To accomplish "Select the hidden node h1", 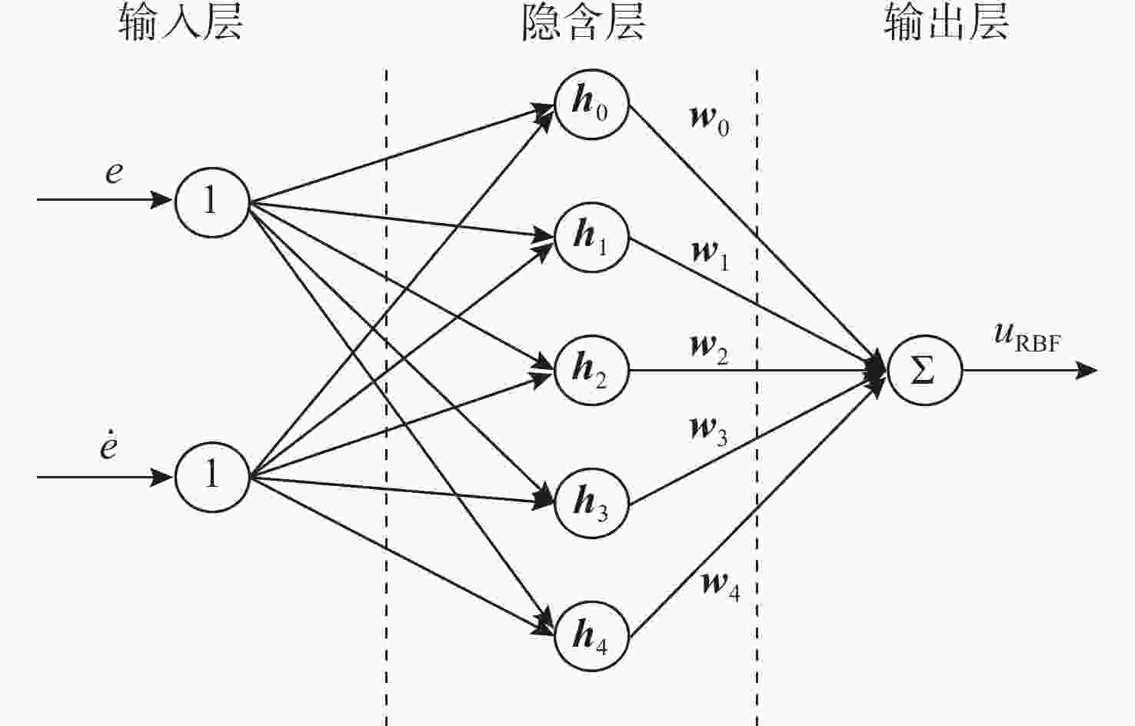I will pyautogui.click(x=591, y=237).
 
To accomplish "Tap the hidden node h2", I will pyautogui.click(x=591, y=370).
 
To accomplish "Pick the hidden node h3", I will pyautogui.click(x=591, y=504).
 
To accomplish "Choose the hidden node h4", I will pyautogui.click(x=591, y=636).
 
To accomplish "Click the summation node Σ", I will pyautogui.click(x=924, y=370).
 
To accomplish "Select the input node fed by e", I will pyautogui.click(x=212, y=201).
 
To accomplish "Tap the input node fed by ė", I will pyautogui.click(x=212, y=476).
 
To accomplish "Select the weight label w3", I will pyautogui.click(x=708, y=431).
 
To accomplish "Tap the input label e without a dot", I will pyautogui.click(x=114, y=173).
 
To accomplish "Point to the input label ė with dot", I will pyautogui.click(x=108, y=445).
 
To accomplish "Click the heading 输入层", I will pyautogui.click(x=181, y=22).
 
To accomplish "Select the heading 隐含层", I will pyautogui.click(x=584, y=22).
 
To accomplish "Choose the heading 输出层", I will pyautogui.click(x=946, y=22).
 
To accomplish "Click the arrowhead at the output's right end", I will pyautogui.click(x=1087, y=370).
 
